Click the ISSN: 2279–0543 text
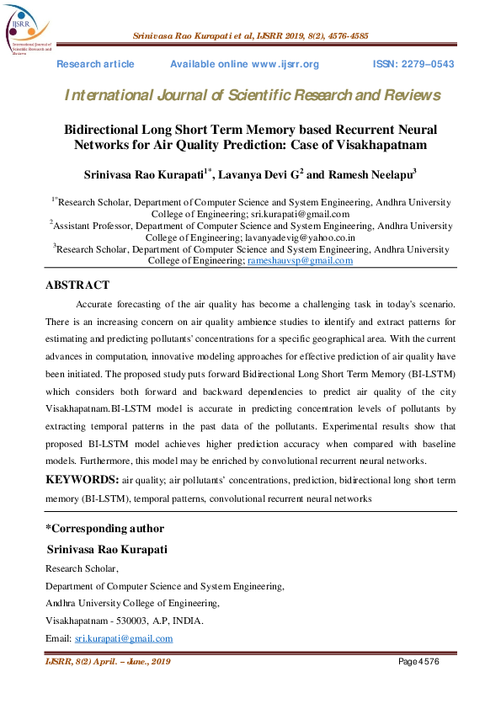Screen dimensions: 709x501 [x=413, y=65]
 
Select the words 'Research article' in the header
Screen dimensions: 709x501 [x=95, y=65]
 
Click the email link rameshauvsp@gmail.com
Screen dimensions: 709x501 [x=300, y=261]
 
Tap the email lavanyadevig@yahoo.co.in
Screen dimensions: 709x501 [x=308, y=238]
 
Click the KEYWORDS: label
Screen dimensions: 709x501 [x=82, y=479]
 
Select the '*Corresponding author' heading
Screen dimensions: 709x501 [x=104, y=529]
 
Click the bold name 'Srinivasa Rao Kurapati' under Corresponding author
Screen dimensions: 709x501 [x=107, y=549]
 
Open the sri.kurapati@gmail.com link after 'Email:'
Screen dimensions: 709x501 [x=123, y=638]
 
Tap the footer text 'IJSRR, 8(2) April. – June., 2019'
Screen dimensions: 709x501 [x=108, y=663]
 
